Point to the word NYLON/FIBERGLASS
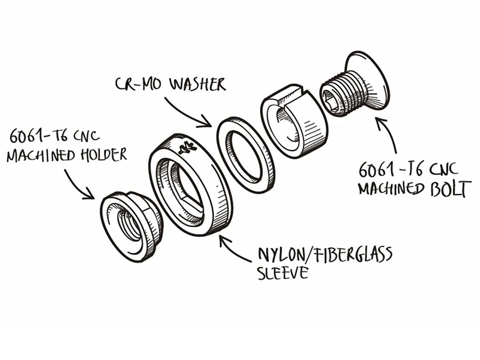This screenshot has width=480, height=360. (x=324, y=255)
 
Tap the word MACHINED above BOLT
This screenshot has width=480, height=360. (x=390, y=188)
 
